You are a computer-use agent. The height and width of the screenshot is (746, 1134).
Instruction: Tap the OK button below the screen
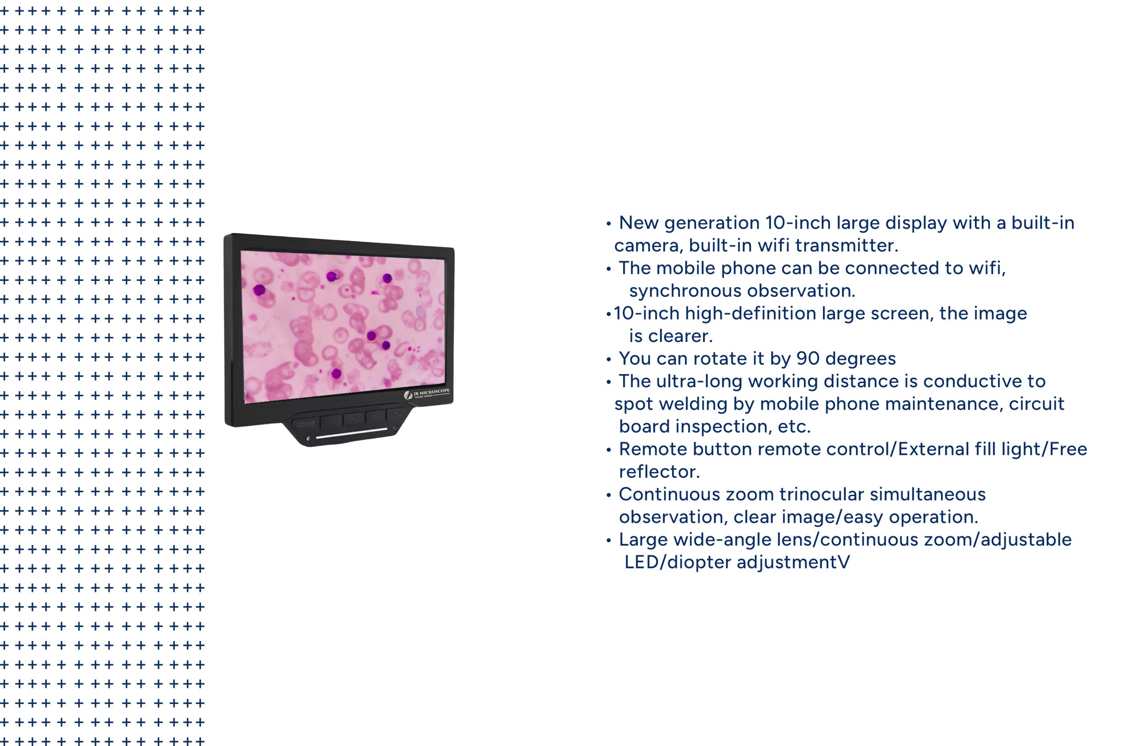point(353,419)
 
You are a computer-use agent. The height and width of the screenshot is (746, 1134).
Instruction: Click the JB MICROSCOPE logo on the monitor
point(427,393)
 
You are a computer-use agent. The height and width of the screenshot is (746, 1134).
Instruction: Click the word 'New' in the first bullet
point(638,222)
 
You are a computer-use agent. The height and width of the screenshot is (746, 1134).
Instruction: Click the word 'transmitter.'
point(846,245)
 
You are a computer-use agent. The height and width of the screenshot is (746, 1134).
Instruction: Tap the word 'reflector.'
point(660,472)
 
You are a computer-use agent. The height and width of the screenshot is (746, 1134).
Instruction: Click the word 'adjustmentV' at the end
point(793,562)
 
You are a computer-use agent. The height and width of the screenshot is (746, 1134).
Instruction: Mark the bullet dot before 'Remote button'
point(609,450)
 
